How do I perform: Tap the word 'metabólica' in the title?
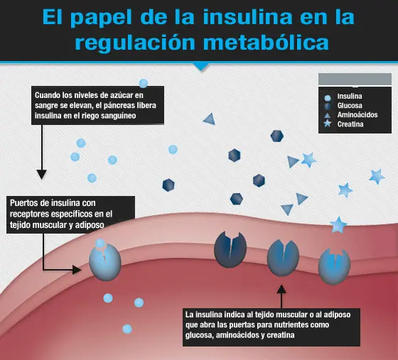click(x=266, y=43)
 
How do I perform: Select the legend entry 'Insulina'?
click(x=350, y=97)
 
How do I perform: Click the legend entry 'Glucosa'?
click(x=350, y=106)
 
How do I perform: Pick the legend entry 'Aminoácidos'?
click(x=357, y=115)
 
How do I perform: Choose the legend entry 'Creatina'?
click(x=350, y=124)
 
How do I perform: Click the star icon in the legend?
click(x=328, y=124)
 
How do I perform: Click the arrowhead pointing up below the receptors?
click(x=281, y=290)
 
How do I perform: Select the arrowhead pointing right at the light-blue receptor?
click(x=77, y=270)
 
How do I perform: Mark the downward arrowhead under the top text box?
click(x=42, y=175)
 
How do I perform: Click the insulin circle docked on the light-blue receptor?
click(x=100, y=244)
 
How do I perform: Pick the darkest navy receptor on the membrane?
click(x=230, y=249)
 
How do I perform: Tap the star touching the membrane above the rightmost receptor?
click(x=338, y=225)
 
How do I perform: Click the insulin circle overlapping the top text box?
click(x=144, y=83)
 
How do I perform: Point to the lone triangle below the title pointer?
click(x=210, y=119)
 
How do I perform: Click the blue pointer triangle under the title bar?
click(x=201, y=67)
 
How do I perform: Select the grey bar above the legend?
click(x=355, y=80)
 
